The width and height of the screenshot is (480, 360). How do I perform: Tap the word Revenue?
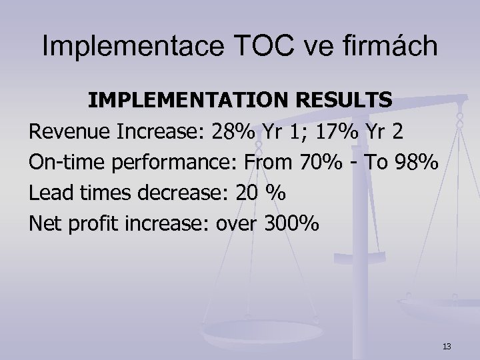[69, 132]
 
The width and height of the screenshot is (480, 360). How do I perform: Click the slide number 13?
[447, 345]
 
